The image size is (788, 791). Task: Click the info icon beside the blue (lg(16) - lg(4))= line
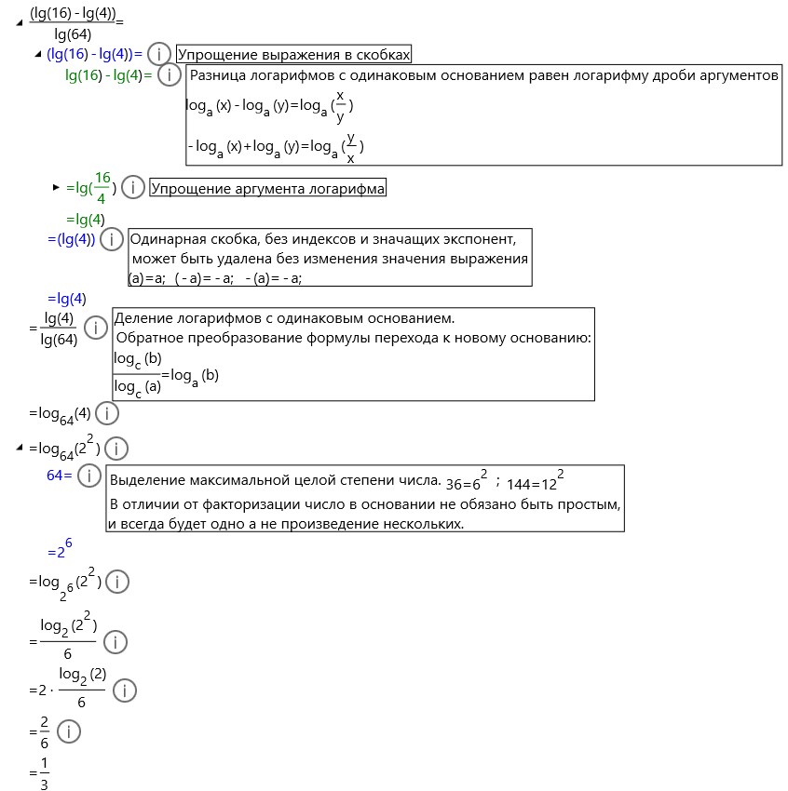point(159,54)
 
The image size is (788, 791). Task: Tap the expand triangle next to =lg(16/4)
point(56,188)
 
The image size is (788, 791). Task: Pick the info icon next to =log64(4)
point(107,413)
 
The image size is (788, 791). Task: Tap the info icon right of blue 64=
point(88,476)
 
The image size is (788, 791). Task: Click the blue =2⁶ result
point(60,551)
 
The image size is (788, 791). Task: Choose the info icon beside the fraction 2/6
point(69,731)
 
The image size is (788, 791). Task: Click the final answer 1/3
point(44,772)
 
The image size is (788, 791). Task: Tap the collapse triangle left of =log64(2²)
point(19,449)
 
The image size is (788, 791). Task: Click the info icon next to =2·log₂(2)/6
point(124,690)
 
